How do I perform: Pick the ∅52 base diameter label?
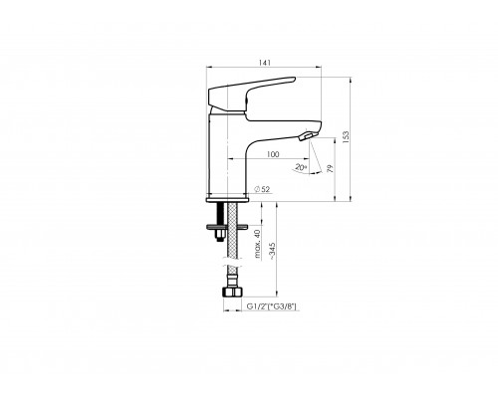tap(263, 188)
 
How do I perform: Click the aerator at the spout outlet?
tap(308, 137)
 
